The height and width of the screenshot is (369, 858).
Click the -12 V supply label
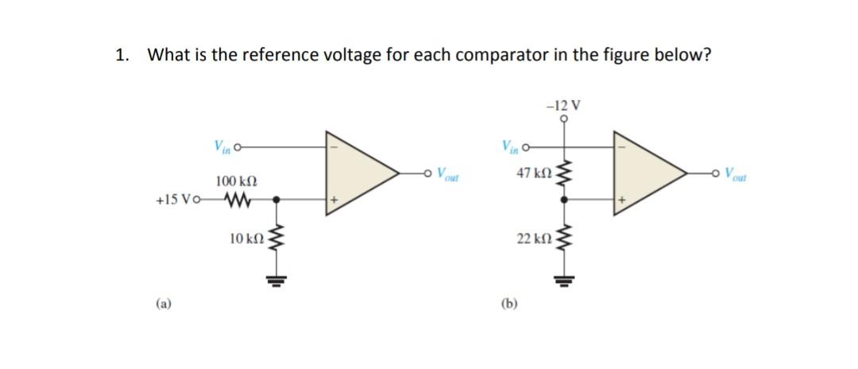(564, 104)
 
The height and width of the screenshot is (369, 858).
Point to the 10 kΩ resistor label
(245, 238)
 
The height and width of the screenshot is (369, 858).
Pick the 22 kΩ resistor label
(532, 239)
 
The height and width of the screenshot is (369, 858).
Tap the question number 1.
(120, 55)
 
